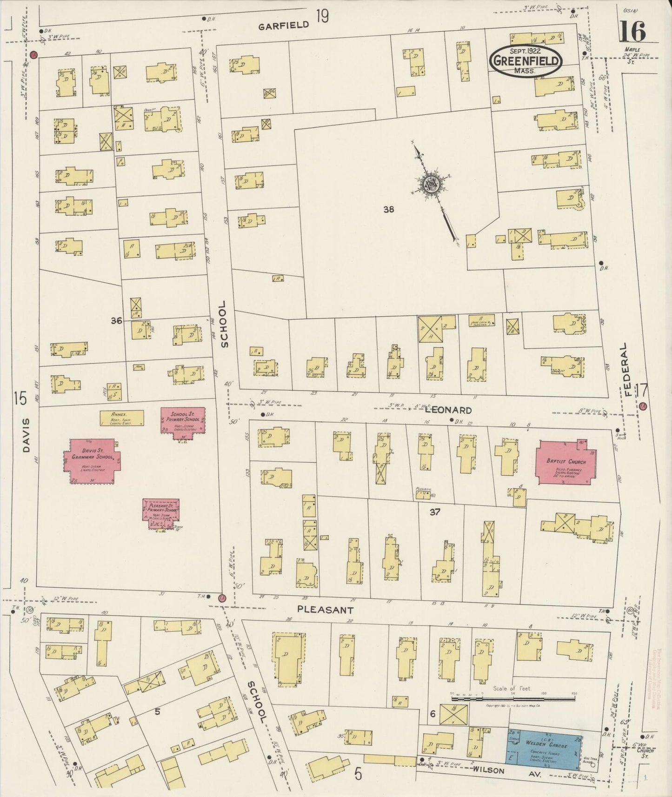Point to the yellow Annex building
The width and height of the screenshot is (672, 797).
122,418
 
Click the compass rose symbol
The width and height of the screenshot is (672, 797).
432,185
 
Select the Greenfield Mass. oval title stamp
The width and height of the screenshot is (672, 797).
526,60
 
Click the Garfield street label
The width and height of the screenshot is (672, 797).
283,25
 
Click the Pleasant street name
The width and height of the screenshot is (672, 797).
326,610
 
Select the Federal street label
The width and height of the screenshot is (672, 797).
628,369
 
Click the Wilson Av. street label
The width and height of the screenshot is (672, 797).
489,771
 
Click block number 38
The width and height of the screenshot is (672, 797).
389,209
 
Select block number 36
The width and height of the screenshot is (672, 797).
116,320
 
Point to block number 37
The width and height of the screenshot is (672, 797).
435,512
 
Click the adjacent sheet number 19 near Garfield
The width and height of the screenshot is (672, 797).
322,17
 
